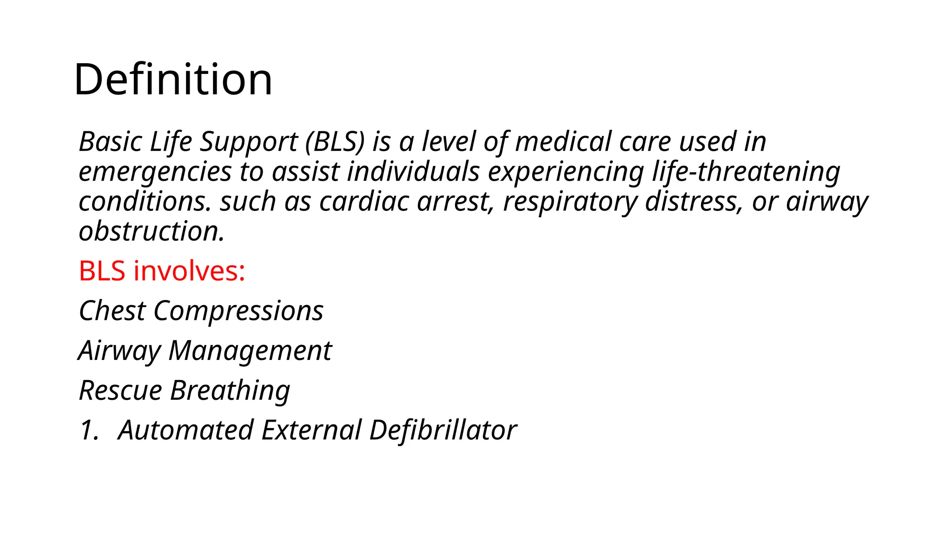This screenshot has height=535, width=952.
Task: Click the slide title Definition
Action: pyautogui.click(x=173, y=80)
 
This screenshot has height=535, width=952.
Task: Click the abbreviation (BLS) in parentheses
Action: pyautogui.click(x=335, y=142)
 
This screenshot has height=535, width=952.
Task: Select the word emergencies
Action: pyautogui.click(x=155, y=172)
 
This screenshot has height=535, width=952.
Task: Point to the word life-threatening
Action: pyautogui.click(x=746, y=172)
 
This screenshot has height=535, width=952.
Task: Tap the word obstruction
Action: pyautogui.click(x=151, y=231)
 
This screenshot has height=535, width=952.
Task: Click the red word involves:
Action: pyautogui.click(x=189, y=271)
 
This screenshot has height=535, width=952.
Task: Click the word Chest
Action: pyautogui.click(x=112, y=311)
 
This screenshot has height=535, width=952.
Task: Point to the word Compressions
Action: pyautogui.click(x=238, y=311)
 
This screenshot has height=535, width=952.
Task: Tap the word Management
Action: pyautogui.click(x=250, y=351)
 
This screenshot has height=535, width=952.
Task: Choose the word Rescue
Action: pyautogui.click(x=120, y=390)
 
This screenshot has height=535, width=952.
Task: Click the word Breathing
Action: pyautogui.click(x=230, y=390)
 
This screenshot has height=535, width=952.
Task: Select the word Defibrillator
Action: pyautogui.click(x=443, y=430)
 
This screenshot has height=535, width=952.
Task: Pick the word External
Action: pyautogui.click(x=311, y=430)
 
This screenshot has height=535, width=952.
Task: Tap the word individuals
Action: pyautogui.click(x=413, y=172)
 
